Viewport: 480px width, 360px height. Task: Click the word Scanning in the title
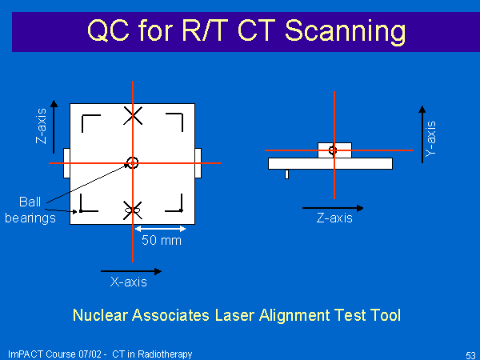(345, 32)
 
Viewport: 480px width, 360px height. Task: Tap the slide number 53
(470, 355)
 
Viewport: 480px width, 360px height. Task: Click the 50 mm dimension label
(162, 240)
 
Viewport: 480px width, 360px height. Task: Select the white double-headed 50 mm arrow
(160, 229)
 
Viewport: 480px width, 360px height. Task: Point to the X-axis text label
(129, 282)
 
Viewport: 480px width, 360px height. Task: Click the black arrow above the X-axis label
(131, 271)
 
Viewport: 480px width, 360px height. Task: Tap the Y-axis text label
(430, 139)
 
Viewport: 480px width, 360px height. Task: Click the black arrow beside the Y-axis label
(422, 134)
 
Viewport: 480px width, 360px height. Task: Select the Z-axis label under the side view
(334, 218)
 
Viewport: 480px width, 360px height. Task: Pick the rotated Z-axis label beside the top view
(42, 126)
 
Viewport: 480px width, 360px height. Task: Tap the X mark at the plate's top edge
(133, 116)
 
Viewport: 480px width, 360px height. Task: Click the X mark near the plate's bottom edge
(133, 210)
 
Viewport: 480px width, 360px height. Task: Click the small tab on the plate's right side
(198, 163)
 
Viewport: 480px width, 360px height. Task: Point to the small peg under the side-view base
(286, 174)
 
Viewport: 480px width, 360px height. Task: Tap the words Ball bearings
(30, 210)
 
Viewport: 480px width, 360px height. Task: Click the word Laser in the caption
(235, 315)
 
